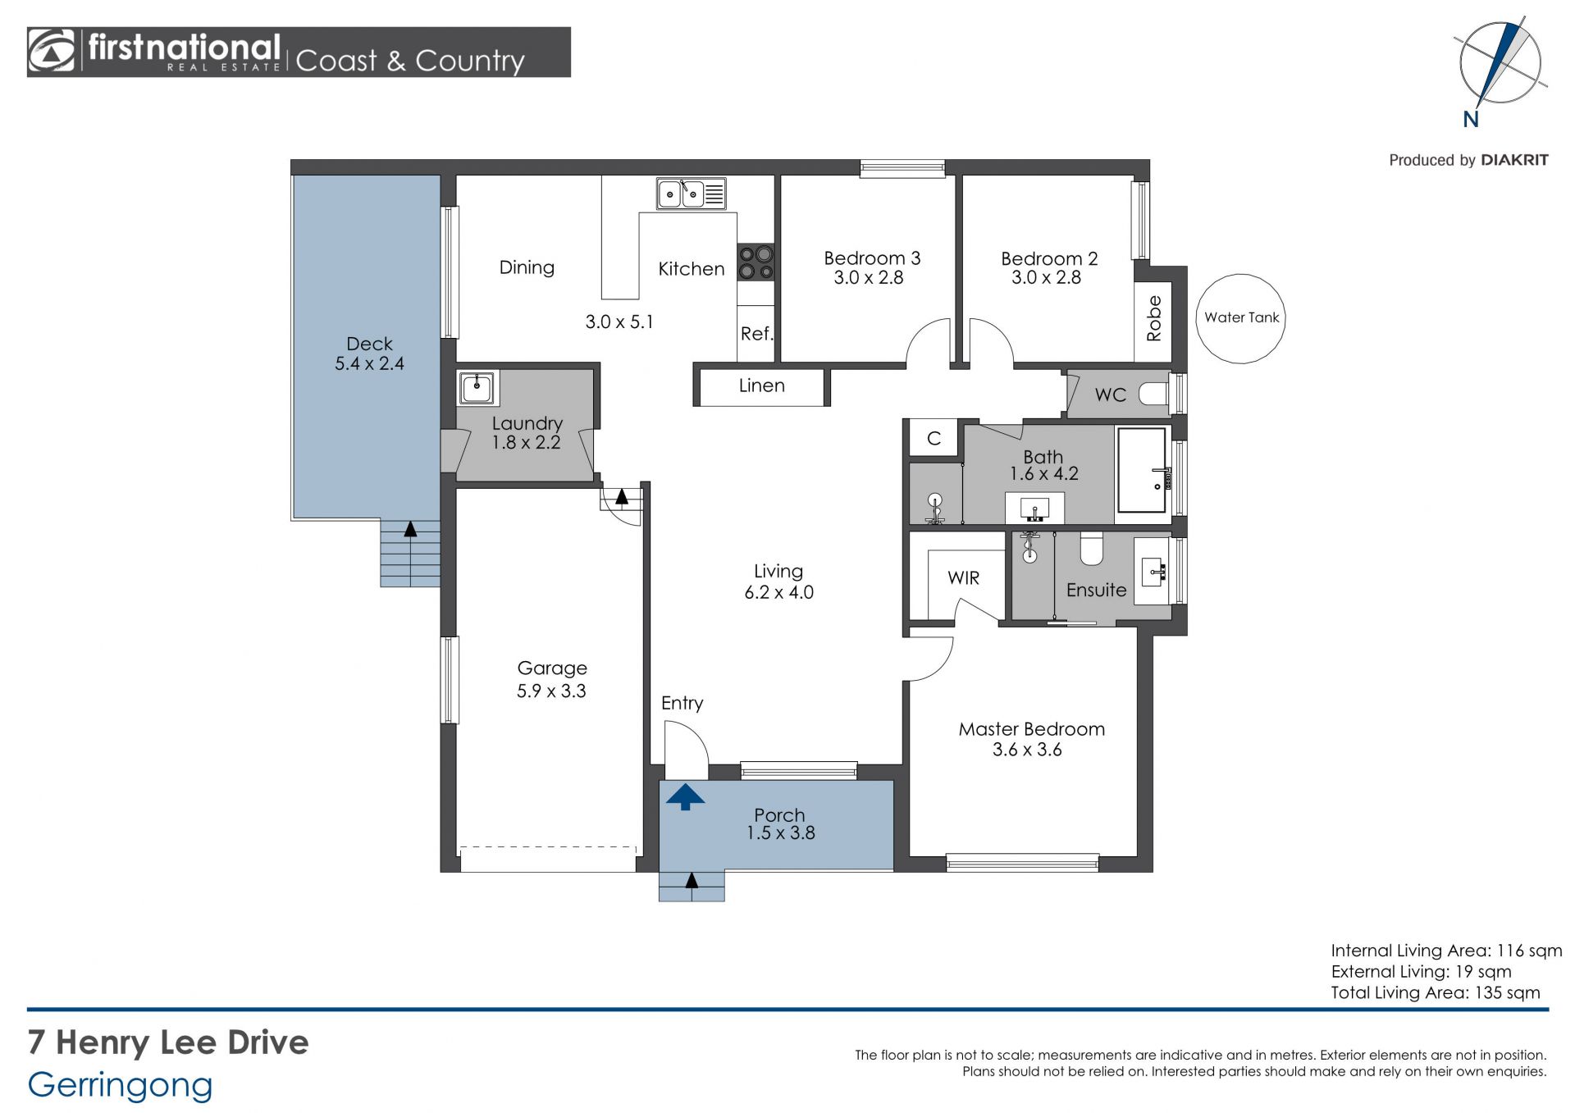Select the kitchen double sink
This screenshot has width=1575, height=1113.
pyautogui.click(x=691, y=194)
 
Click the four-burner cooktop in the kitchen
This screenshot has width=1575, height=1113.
pyautogui.click(x=756, y=262)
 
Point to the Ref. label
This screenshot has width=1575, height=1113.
pyautogui.click(x=756, y=334)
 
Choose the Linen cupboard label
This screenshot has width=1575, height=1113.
pyautogui.click(x=761, y=385)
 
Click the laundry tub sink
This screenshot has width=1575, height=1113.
pyautogui.click(x=477, y=387)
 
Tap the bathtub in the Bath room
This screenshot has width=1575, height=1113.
pyautogui.click(x=1141, y=470)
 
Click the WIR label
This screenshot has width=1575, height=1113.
pyautogui.click(x=963, y=577)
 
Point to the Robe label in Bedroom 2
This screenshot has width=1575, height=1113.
pyautogui.click(x=1153, y=318)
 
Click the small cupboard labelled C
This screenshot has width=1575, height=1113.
pyautogui.click(x=934, y=438)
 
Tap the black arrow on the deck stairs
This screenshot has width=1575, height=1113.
pyautogui.click(x=410, y=528)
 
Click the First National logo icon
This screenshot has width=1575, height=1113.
pyautogui.click(x=52, y=52)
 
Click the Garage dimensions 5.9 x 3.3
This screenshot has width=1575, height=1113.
pyautogui.click(x=551, y=691)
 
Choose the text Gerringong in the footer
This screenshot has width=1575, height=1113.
pyautogui.click(x=120, y=1085)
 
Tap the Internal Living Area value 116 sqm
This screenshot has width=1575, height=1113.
pyautogui.click(x=1529, y=951)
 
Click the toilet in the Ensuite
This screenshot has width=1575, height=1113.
pyautogui.click(x=1091, y=550)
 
